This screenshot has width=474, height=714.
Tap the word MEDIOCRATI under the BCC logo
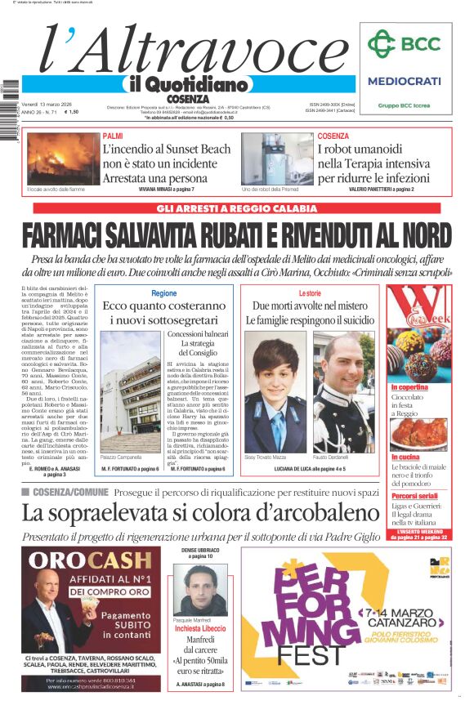(404, 81)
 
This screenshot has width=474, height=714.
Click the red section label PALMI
(114, 136)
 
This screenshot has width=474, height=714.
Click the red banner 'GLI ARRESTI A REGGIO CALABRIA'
(236, 208)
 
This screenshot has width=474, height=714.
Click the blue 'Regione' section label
(164, 292)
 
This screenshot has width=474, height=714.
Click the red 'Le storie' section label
(310, 292)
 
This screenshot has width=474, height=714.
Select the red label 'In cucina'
(405, 457)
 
